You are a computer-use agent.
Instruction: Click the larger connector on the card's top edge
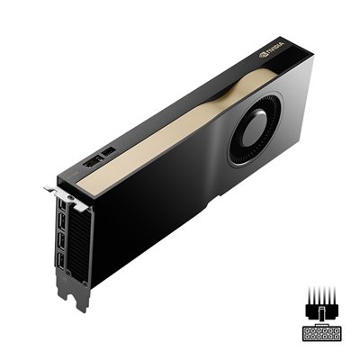click(x=93, y=162)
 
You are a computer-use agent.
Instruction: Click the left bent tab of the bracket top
click(x=49, y=189)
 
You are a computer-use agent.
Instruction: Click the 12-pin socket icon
click(x=319, y=336)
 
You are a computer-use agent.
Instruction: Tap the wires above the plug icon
click(x=319, y=296)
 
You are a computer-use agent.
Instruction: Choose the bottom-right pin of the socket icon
click(x=332, y=340)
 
